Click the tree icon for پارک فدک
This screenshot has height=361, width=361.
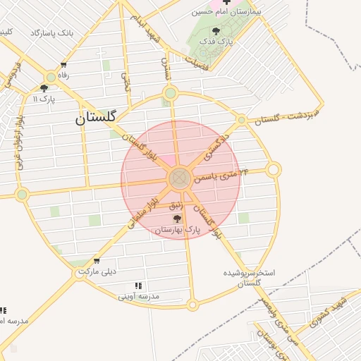[214, 31]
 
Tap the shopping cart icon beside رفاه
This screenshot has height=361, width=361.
[64, 65]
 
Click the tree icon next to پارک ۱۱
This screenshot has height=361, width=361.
[44, 88]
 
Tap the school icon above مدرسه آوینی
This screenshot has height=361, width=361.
[139, 286]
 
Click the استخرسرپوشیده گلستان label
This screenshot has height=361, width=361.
[249, 277]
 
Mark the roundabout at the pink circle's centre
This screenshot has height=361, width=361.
[179, 178]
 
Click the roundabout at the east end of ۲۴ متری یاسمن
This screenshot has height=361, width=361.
[274, 169]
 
